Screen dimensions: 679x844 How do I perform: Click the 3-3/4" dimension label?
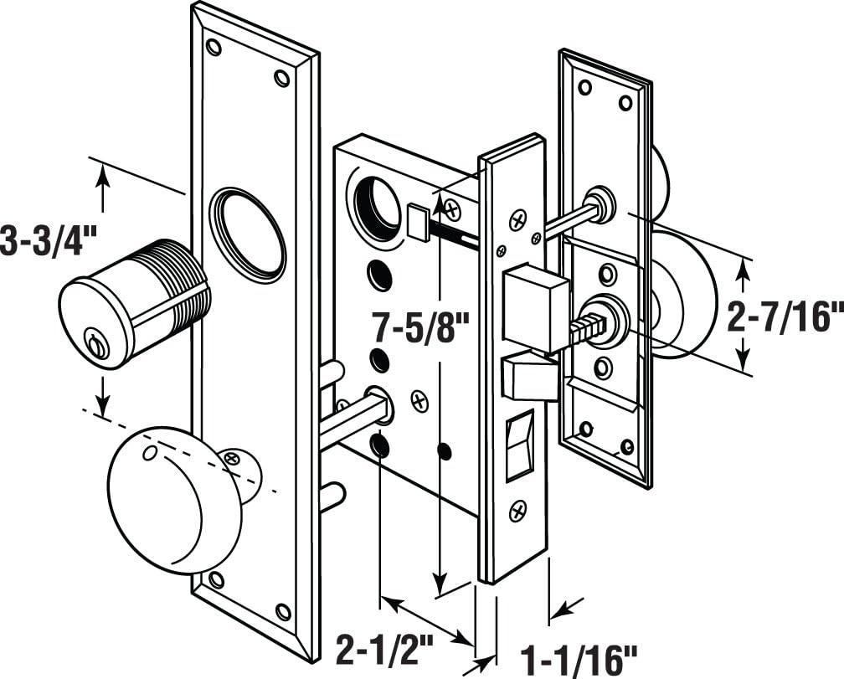point(49,240)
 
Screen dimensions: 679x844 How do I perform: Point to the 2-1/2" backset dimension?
point(384,647)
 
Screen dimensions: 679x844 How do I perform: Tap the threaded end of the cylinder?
point(180,272)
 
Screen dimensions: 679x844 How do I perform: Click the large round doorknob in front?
point(163,500)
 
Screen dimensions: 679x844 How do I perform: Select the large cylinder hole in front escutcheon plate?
point(248,234)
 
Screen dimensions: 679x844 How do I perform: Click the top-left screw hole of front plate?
point(214,46)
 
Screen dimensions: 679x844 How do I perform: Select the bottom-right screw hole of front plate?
point(284,612)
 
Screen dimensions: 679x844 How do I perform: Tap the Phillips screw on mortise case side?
point(419,401)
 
